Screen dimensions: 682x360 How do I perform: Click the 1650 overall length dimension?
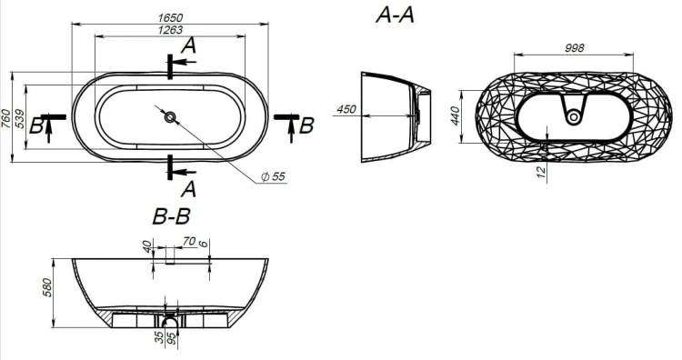coord(170,18)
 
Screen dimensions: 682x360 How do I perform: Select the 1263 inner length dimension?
coord(170,30)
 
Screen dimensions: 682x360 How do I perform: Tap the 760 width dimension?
coord(5,119)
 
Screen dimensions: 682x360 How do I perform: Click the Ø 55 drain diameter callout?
coord(273,176)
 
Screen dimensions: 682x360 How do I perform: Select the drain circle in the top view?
coord(170,116)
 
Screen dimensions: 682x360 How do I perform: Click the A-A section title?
coord(395,15)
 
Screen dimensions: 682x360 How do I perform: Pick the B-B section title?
coord(171,216)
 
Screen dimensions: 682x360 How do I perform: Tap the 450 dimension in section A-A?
coord(346,109)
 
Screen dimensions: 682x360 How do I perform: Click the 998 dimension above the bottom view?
coord(574,48)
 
